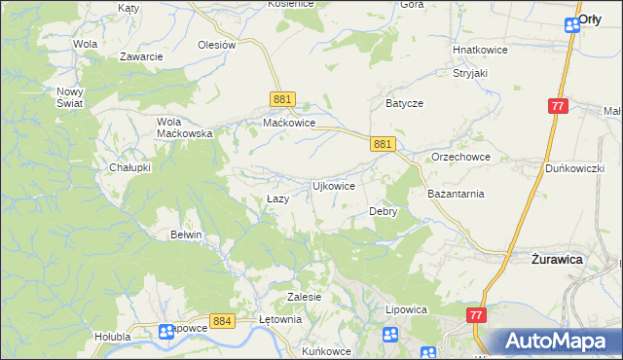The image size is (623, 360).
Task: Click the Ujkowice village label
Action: click(x=332, y=185)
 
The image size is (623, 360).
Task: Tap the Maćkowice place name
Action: click(x=289, y=124)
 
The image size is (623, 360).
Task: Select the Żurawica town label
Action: click(x=557, y=260)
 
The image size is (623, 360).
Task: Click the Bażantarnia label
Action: click(x=456, y=194)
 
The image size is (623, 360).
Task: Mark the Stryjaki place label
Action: click(x=469, y=72)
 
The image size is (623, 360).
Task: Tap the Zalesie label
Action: click(x=304, y=297)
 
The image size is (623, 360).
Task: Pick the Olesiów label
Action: click(x=217, y=45)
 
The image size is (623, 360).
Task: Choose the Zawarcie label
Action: click(x=141, y=56)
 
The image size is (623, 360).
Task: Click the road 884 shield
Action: click(x=223, y=320)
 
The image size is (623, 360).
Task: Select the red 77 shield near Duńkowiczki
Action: click(x=558, y=106)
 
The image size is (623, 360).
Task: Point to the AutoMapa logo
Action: click(x=558, y=341)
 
